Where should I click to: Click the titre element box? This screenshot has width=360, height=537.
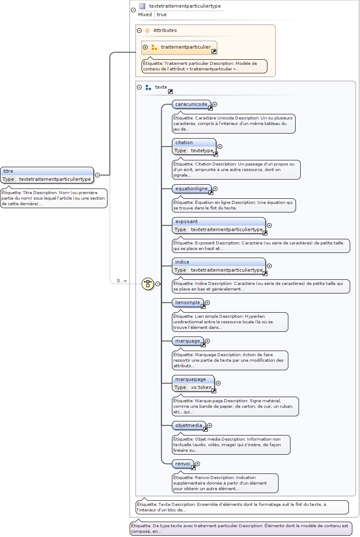coord(46,175)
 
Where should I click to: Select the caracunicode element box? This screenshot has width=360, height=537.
coord(192,104)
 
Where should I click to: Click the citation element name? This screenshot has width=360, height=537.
coord(184,142)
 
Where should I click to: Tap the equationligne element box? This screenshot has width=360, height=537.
coord(192,189)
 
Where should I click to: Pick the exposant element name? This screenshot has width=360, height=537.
coord(186,221)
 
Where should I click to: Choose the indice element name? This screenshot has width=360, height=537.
coord(182,262)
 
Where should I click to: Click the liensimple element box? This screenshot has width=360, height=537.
coord(188,302)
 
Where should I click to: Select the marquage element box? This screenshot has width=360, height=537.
coord(188,341)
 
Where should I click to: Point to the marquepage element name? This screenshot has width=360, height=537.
coord(190,379)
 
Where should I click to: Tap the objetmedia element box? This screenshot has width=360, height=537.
coord(189,425)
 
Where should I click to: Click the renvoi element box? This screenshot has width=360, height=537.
coord(183,464)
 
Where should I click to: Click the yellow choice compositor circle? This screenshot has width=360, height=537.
coord(148,284)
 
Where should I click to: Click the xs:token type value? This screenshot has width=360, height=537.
coord(201,387)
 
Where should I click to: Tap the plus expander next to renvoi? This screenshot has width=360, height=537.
coord(197,464)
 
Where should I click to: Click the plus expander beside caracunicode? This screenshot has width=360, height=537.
coord(215,104)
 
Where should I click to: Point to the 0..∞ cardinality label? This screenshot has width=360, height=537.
coord(122,281)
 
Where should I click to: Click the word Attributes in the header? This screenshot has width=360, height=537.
coord(165,30)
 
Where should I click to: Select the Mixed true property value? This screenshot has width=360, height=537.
coord(162,15)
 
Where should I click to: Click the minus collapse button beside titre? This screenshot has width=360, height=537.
coord(97,175)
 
